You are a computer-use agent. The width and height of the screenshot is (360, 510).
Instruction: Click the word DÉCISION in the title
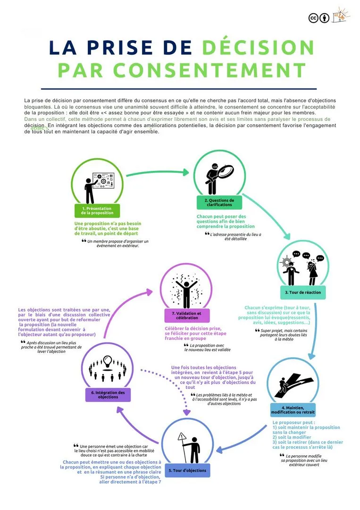click(259, 48)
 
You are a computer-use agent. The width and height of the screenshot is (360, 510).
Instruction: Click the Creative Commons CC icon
click(313, 18)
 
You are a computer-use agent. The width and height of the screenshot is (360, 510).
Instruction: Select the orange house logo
click(341, 15)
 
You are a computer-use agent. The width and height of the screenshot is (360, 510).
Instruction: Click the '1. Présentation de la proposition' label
click(97, 211)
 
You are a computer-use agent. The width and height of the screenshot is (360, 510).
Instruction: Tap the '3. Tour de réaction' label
click(303, 292)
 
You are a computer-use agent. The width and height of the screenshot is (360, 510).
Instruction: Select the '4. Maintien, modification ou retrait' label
click(293, 409)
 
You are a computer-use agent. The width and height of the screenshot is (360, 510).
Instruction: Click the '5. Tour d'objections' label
click(187, 470)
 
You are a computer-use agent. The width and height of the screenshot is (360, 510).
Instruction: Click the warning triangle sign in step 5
click(182, 438)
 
